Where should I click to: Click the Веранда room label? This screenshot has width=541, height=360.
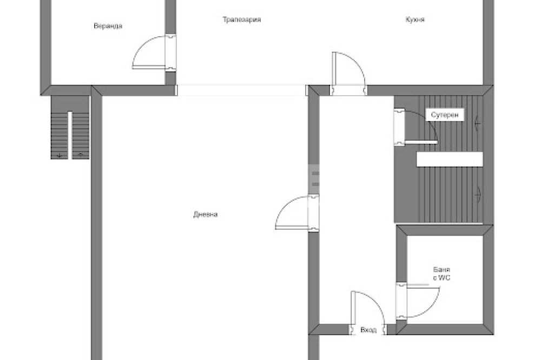[x=108, y=26]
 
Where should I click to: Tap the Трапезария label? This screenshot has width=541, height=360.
[x=241, y=19]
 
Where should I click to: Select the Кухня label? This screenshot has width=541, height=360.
[x=415, y=19]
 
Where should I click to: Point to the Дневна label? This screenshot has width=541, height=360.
[x=205, y=215]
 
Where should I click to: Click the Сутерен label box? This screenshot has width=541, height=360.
[x=445, y=115]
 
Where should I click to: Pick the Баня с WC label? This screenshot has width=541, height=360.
[x=441, y=274]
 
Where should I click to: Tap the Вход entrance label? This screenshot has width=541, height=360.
[x=368, y=330]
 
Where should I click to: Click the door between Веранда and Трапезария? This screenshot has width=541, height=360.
[x=154, y=52]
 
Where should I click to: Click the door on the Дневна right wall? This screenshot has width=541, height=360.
[x=296, y=212]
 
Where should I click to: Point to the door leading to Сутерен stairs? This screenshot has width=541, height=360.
[x=415, y=126]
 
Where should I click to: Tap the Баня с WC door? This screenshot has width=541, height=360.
[x=418, y=301]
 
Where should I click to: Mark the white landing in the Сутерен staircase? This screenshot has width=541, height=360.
[x=450, y=159]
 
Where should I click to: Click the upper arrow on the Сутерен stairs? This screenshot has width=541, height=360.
[x=478, y=122]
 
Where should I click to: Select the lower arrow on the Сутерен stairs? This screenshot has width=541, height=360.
[x=478, y=195]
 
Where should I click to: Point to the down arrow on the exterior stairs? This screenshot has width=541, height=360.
[x=60, y=155]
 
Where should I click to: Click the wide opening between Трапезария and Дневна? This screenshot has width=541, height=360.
[x=241, y=90]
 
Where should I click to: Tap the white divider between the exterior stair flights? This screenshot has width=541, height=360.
[x=70, y=135]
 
